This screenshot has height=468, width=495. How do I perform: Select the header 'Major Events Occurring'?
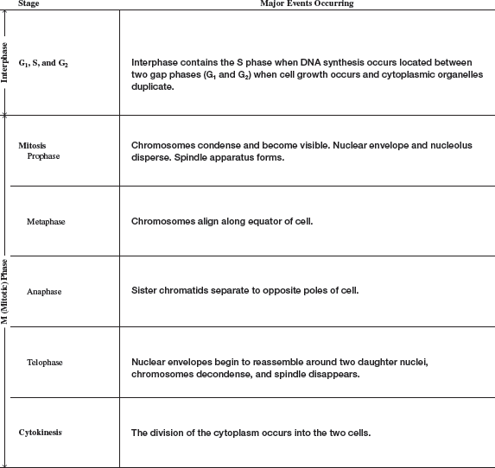pos(307,4)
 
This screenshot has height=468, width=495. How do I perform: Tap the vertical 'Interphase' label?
pos(5,62)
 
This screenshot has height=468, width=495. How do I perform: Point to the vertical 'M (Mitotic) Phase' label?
pos(5,290)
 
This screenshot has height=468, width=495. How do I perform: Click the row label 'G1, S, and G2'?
pos(43,63)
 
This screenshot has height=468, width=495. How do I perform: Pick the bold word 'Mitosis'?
pos(32,145)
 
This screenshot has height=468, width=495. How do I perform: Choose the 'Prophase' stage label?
pos(44,156)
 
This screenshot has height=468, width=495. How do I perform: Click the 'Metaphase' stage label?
pos(46,221)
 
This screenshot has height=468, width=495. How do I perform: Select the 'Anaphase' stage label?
pos(44,292)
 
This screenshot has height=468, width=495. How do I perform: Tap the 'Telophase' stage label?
pos(45,363)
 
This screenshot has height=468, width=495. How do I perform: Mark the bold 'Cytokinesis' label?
pos(41,432)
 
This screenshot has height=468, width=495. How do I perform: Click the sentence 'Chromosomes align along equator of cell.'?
pos(221,221)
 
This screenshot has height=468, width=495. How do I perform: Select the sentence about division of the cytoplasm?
pos(251,432)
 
